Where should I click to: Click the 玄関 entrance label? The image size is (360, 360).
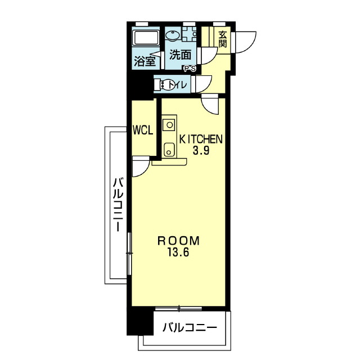pos(223,39)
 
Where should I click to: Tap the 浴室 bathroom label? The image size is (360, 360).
pos(145,61)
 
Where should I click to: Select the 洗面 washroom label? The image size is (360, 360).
pos(180,55)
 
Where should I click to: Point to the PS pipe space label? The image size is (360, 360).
pos(190,69)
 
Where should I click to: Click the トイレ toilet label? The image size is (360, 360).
pos(177,85)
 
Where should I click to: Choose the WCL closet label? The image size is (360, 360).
pos(143,130)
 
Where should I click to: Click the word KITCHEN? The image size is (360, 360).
pos(201,139)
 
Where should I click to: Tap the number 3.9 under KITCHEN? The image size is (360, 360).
pos(201,150)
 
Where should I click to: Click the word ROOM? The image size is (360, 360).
pos(178,241)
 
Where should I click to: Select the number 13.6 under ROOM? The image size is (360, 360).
pos(178,253)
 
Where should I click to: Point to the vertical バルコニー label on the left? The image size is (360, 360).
pos(119,204)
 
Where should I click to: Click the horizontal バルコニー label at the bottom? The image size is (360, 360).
pos(190,327)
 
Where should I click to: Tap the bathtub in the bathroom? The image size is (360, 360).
pos(146,38)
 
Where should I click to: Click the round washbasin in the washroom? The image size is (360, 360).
pos(173,35)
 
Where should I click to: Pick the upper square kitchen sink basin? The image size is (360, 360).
pos(169,125)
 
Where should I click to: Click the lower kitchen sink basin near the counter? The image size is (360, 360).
pos(169,150)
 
